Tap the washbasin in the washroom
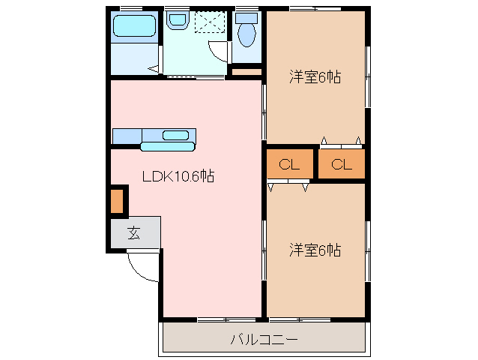[x=176, y=22]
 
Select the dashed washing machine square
[x=210, y=22]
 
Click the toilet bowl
[x=246, y=34]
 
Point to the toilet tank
[x=246, y=17]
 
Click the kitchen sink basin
[x=176, y=135]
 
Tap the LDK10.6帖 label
[x=179, y=176]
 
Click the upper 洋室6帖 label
[x=315, y=76]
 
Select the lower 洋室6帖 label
[x=315, y=250]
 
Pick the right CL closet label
[x=342, y=165]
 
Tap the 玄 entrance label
[x=133, y=232]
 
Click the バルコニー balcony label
[x=263, y=339]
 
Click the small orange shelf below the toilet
[x=246, y=72]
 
